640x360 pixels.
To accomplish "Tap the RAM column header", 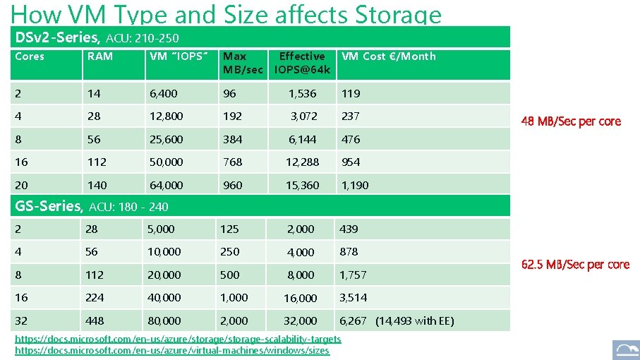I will pyautogui.click(x=99, y=56).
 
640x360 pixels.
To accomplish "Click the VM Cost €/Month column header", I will pyautogui.click(x=388, y=56).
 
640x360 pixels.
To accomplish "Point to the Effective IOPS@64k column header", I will pyautogui.click(x=302, y=63).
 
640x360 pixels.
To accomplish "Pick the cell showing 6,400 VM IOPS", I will pyautogui.click(x=163, y=93).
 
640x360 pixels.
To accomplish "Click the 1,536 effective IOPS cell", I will pyautogui.click(x=302, y=93).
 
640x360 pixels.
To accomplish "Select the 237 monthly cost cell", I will pyautogui.click(x=351, y=116).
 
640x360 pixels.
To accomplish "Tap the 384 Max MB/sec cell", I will pyautogui.click(x=232, y=139).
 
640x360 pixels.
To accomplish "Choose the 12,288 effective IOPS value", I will pyautogui.click(x=302, y=162).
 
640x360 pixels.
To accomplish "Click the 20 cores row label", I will pyautogui.click(x=22, y=185).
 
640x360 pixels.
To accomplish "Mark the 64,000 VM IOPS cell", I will pyautogui.click(x=166, y=185).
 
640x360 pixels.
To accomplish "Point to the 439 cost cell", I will pyautogui.click(x=349, y=229).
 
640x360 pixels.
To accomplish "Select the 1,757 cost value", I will pyautogui.click(x=353, y=275).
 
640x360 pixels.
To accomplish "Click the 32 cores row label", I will pyautogui.click(x=22, y=320).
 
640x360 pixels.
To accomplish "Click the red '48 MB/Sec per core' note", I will pyautogui.click(x=571, y=121).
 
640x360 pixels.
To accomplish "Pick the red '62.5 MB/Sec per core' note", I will pyautogui.click(x=575, y=265).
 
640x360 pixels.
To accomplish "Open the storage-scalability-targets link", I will pyautogui.click(x=178, y=340).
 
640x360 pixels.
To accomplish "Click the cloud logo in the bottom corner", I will pyautogui.click(x=625, y=349).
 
